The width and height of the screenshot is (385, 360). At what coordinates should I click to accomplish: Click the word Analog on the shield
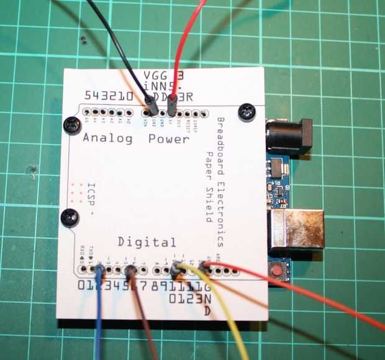coord(107,139)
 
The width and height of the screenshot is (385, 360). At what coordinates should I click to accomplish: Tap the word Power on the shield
coord(169,139)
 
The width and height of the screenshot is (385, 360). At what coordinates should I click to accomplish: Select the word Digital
coord(147,242)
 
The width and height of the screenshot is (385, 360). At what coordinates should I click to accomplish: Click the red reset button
coord(276,271)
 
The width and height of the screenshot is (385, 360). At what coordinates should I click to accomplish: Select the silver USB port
coord(297,228)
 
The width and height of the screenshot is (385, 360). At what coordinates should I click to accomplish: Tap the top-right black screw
coord(248,112)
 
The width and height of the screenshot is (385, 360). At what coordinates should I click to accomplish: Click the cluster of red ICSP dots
coord(78,194)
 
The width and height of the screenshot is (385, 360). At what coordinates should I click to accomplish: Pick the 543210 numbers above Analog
coord(108,97)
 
